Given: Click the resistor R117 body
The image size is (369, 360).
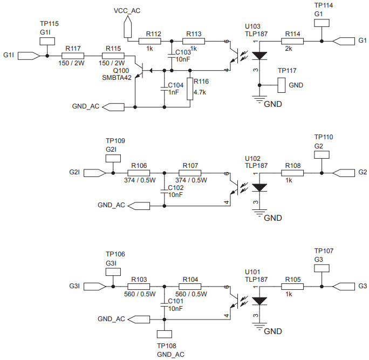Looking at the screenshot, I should [x=73, y=56].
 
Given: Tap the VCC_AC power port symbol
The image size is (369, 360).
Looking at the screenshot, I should [x=127, y=24].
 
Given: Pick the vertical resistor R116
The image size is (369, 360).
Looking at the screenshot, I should [x=190, y=89].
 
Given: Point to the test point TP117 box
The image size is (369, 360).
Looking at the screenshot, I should [x=281, y=84].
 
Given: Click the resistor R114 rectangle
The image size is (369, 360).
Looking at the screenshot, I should [x=292, y=41].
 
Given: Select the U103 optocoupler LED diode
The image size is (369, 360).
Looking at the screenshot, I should [x=259, y=56].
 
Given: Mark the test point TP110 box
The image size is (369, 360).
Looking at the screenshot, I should [x=321, y=154].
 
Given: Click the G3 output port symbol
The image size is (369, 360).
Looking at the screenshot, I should [x=344, y=286].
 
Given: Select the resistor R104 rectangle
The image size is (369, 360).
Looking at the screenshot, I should [x=190, y=286].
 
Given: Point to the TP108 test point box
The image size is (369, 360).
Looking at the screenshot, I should [x=163, y=335].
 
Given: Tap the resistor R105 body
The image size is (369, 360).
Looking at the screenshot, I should [x=292, y=286].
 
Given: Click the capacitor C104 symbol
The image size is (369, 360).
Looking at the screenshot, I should [x=165, y=89].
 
